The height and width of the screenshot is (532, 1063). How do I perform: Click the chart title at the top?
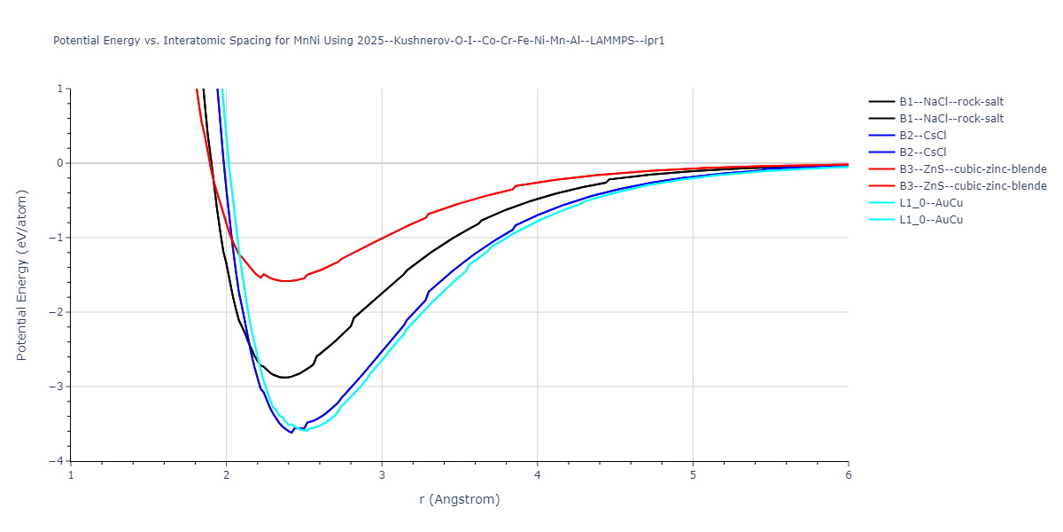[359, 41]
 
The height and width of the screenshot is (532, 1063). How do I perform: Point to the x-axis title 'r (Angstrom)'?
[460, 499]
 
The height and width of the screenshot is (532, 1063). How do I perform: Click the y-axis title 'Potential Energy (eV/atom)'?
[22, 275]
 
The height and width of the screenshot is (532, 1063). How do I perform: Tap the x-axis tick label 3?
[382, 475]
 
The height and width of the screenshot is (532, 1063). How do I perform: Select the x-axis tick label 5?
[693, 475]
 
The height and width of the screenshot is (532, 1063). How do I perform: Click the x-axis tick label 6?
[848, 475]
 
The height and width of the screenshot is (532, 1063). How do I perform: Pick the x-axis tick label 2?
[227, 475]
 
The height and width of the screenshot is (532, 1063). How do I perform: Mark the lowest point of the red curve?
[285, 281]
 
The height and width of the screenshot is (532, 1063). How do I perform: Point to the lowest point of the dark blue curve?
[291, 433]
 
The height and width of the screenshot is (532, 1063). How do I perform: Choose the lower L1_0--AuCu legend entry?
[930, 219]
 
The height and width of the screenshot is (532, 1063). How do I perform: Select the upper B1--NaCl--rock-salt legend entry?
[950, 101]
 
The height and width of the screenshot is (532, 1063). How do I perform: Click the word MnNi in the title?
[308, 41]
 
